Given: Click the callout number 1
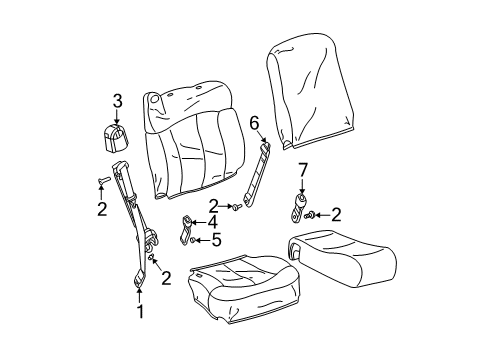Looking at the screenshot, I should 141,312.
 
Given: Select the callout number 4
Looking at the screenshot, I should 212,221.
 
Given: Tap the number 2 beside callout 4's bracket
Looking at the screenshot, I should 212,206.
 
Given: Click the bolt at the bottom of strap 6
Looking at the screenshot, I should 233,207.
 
